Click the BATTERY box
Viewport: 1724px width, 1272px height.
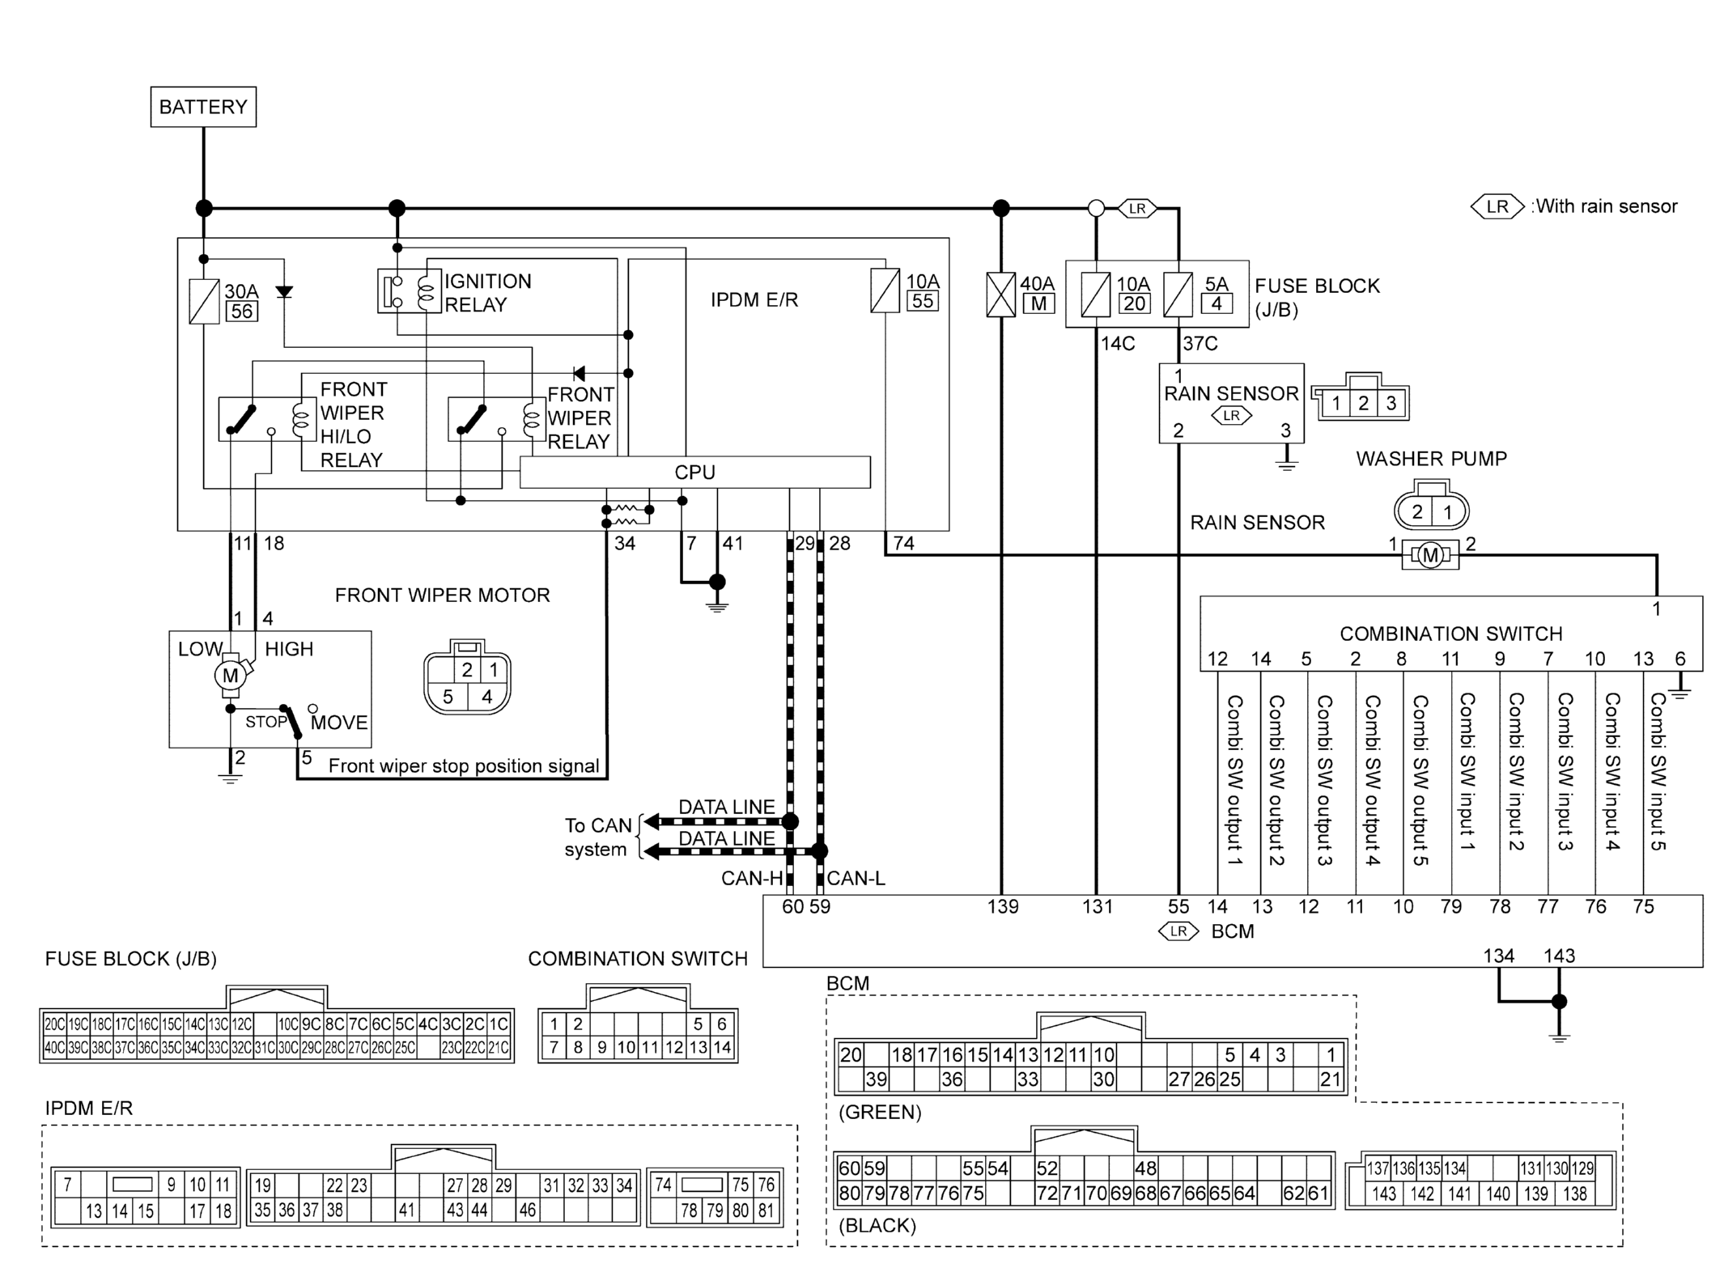[203, 107]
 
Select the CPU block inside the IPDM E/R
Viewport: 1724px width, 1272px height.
[694, 473]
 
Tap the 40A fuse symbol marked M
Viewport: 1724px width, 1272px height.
[1001, 295]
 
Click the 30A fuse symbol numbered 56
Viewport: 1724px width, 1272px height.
[204, 302]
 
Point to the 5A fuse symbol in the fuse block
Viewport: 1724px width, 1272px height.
[1178, 295]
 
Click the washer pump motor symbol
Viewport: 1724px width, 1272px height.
[1430, 555]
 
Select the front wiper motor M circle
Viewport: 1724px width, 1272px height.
[230, 676]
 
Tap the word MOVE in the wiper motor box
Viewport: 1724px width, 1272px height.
[339, 723]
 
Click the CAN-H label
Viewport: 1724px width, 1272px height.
[752, 879]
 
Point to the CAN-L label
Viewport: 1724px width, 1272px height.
[856, 879]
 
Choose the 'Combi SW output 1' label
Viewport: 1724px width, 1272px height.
[1234, 780]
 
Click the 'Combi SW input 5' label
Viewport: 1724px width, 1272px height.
[1658, 772]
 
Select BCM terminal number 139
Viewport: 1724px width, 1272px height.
[1002, 907]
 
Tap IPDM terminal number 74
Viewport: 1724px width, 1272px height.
[903, 544]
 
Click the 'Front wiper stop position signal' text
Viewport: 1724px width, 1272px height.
[464, 766]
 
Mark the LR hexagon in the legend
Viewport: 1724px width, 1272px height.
[1497, 206]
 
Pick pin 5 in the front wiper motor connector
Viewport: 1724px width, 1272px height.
[448, 697]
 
